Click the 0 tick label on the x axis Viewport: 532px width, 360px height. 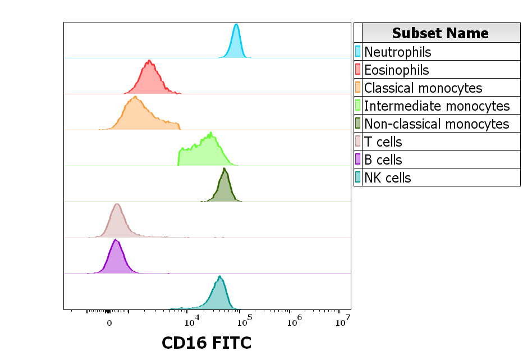(x=109, y=323)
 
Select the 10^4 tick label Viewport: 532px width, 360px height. (x=192, y=322)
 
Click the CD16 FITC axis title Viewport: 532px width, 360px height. (x=207, y=343)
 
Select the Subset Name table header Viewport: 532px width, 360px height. (x=441, y=33)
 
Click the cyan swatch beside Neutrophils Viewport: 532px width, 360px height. (x=357, y=52)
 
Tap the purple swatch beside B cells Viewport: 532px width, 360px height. (x=357, y=160)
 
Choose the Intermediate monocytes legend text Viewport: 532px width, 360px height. (x=437, y=106)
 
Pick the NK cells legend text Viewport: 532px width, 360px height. (x=388, y=177)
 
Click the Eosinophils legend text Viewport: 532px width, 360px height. (x=396, y=70)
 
